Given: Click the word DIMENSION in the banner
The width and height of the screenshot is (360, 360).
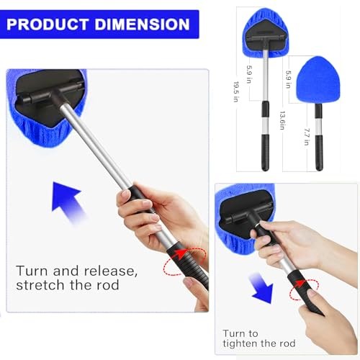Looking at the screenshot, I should [144, 24].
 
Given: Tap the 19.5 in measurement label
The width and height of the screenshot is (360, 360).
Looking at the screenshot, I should [235, 91].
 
